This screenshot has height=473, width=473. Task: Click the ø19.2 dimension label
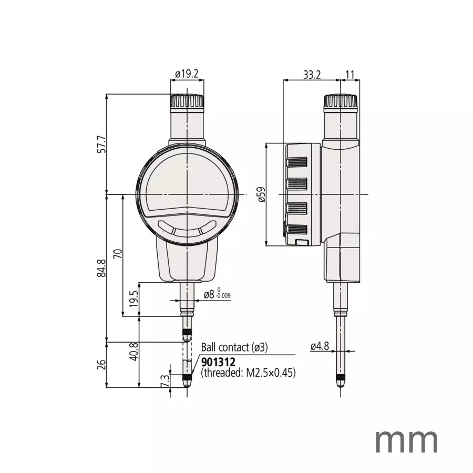point(187,74)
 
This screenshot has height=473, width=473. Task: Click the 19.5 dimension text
point(133,300)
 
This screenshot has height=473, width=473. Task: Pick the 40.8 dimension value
point(133,352)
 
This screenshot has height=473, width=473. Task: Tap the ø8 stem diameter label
point(209,295)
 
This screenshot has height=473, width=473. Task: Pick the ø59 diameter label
point(261,194)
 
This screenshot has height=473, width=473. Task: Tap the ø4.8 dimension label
point(319,346)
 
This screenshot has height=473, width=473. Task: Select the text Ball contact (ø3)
point(235,347)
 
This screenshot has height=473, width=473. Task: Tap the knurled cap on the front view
point(187,101)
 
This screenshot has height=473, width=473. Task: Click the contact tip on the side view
point(341,383)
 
